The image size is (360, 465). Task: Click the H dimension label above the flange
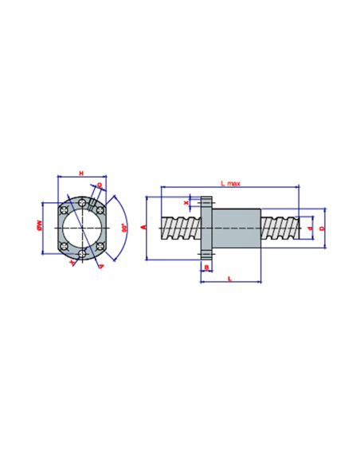point(80,173)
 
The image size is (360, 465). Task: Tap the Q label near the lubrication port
point(99,186)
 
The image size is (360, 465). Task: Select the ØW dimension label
point(39,227)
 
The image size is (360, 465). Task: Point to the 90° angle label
point(124,227)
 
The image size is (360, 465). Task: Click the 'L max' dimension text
point(231,183)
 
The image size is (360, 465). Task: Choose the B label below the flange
point(206,268)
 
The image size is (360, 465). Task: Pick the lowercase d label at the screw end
point(310,228)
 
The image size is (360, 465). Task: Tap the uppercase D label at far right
point(321,228)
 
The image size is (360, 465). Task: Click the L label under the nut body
point(229,278)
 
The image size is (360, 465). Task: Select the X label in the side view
point(186,203)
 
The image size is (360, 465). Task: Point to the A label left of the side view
point(143,227)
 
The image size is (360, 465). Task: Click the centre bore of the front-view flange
point(81,227)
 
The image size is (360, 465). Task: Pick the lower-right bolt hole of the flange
point(99,245)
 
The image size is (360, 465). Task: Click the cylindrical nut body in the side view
point(237,227)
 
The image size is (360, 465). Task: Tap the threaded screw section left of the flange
point(180,227)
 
